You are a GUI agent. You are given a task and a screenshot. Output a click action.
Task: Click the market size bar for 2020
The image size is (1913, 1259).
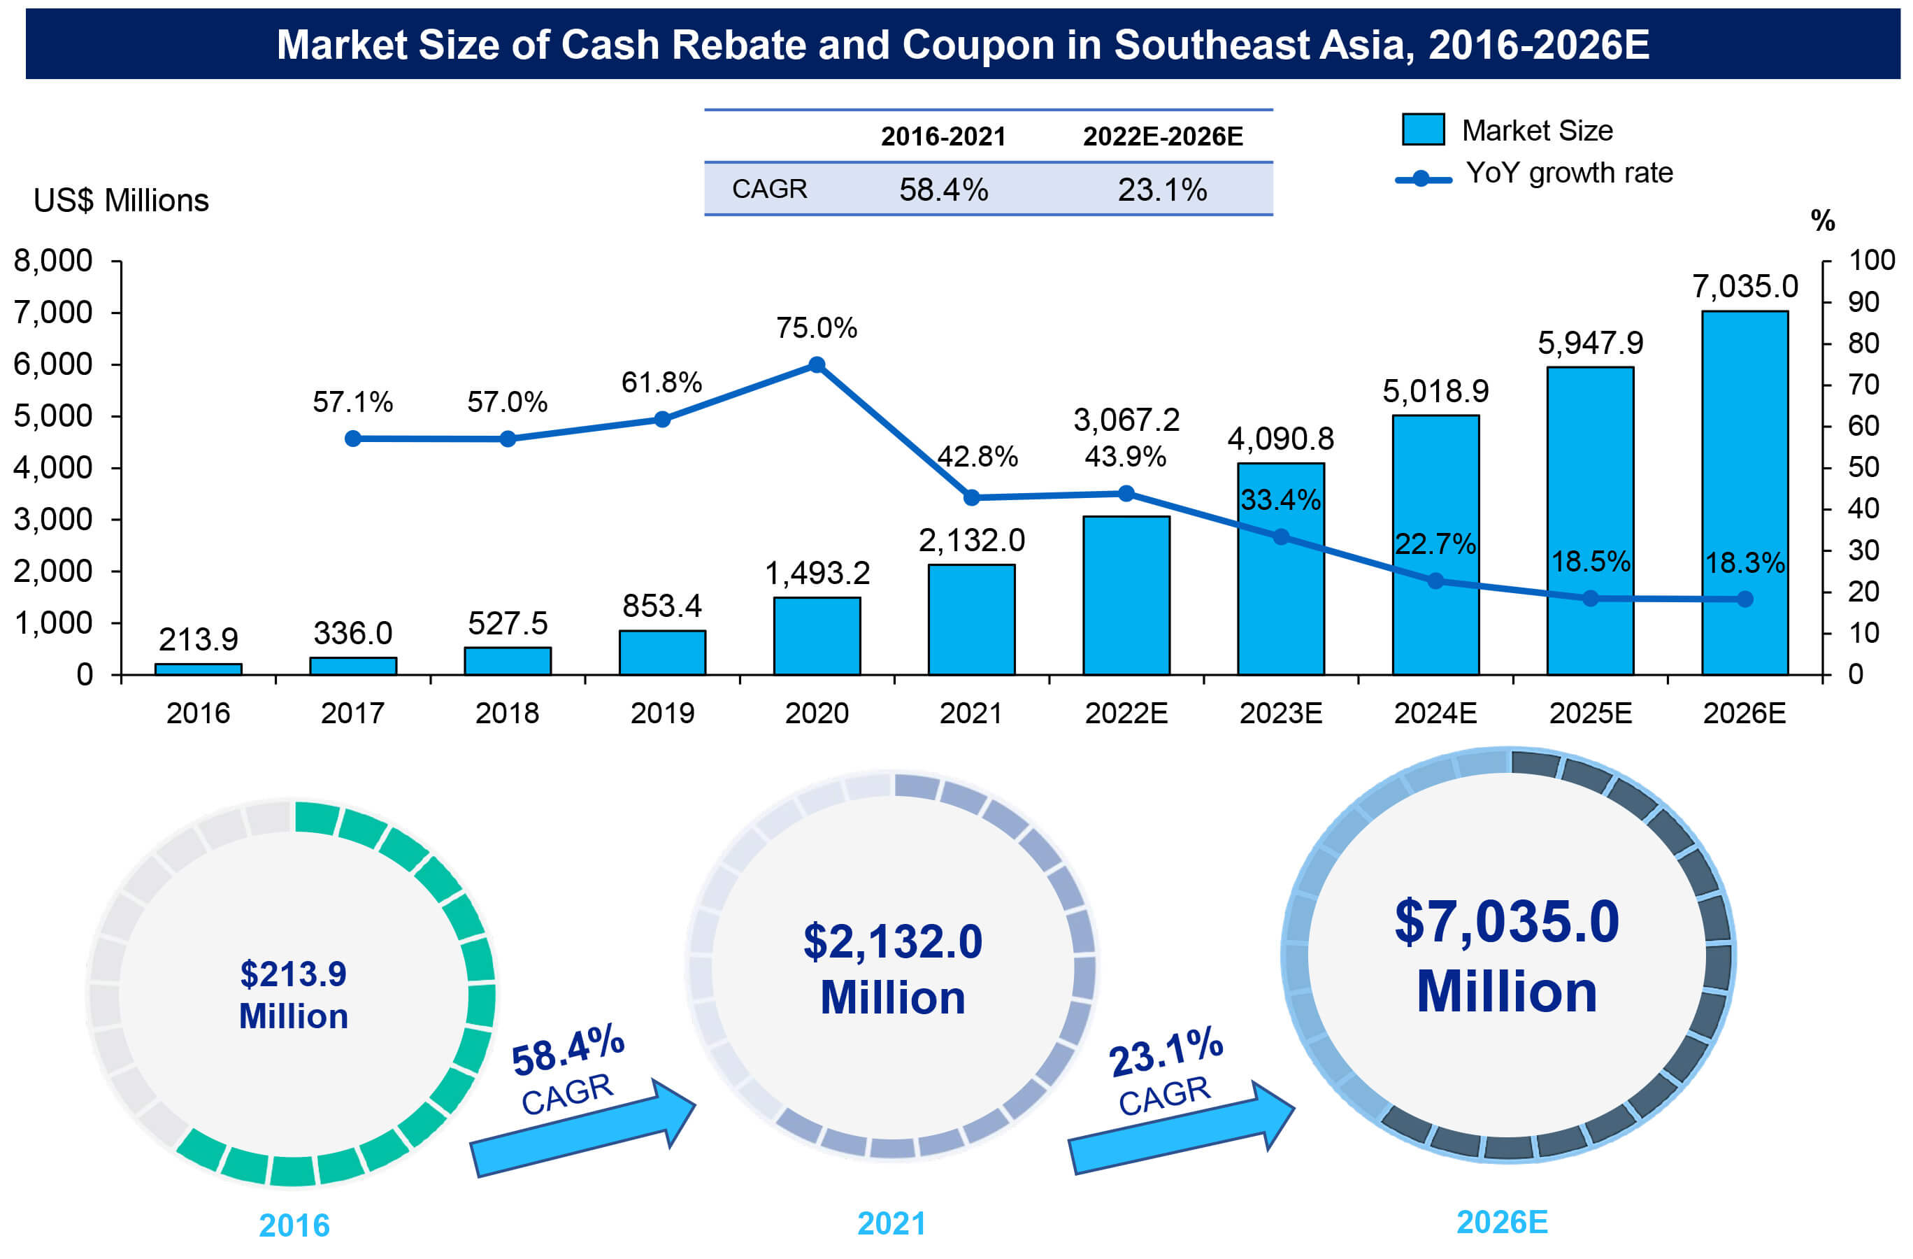click(817, 636)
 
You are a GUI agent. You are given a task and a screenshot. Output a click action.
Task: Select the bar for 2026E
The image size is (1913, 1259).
click(1744, 492)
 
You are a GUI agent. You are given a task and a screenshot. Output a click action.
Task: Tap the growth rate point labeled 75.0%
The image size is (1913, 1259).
click(817, 365)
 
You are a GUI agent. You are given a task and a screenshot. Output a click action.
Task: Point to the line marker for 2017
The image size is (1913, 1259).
click(353, 438)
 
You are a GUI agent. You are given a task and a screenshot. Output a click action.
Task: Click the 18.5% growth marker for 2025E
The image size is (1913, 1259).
click(1590, 598)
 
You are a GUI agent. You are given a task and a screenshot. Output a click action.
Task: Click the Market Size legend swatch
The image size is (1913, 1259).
click(1423, 129)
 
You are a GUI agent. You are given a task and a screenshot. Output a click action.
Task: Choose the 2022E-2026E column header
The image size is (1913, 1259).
click(1162, 136)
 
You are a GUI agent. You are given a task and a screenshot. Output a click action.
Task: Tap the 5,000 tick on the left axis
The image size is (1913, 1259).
click(53, 416)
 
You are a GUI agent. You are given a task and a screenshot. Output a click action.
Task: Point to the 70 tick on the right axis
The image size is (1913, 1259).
click(1863, 384)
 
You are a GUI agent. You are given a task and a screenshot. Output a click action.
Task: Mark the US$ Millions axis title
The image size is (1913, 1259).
click(120, 200)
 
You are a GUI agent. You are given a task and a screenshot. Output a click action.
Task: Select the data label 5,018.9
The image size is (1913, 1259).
click(1435, 392)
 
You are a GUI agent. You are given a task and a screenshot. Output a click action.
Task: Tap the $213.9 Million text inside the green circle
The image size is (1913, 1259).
click(294, 995)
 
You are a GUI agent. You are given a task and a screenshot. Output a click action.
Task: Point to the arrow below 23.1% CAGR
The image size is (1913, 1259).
click(1178, 1129)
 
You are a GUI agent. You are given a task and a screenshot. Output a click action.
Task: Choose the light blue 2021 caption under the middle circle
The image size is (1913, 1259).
click(891, 1223)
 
